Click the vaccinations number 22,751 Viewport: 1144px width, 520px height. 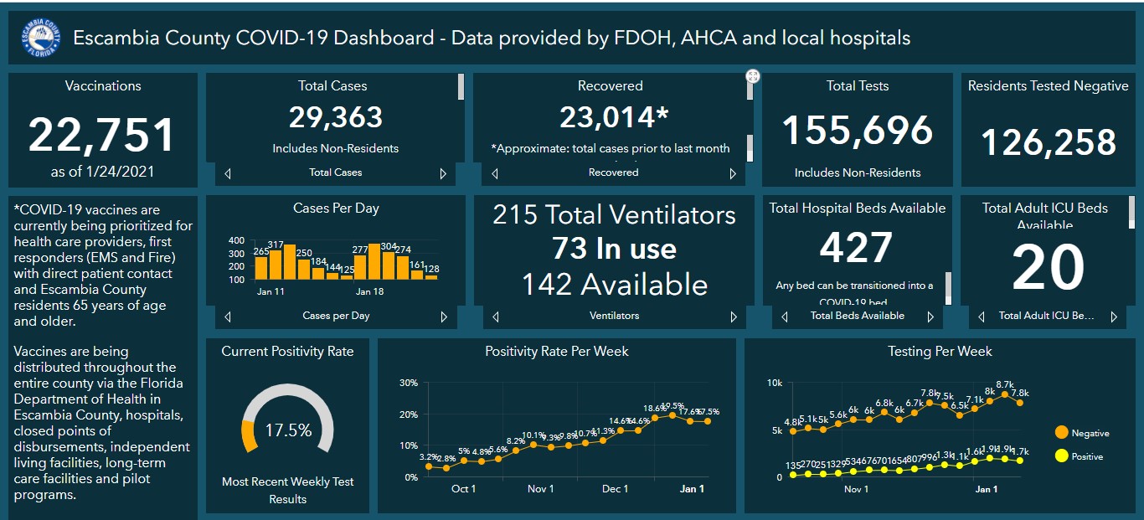[102, 135]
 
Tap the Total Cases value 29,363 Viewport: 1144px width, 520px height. [336, 117]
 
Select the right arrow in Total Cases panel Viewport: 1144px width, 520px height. [444, 173]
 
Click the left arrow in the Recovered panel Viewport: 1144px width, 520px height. [495, 173]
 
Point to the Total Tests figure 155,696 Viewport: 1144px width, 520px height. [857, 130]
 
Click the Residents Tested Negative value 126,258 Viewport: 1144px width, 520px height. [1049, 142]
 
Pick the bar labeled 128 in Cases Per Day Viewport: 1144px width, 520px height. [431, 276]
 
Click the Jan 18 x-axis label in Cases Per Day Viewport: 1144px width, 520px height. [369, 292]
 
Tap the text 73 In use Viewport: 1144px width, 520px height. [613, 249]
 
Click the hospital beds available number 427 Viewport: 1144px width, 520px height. [856, 248]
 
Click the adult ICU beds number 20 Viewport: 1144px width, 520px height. [1048, 269]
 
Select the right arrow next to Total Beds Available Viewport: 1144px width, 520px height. [930, 317]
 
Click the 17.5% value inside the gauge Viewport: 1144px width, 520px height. [288, 430]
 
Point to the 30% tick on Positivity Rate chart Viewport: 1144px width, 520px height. [409, 384]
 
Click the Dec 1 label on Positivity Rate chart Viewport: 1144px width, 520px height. [616, 488]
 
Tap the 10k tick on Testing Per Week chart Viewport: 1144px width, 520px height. [775, 384]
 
